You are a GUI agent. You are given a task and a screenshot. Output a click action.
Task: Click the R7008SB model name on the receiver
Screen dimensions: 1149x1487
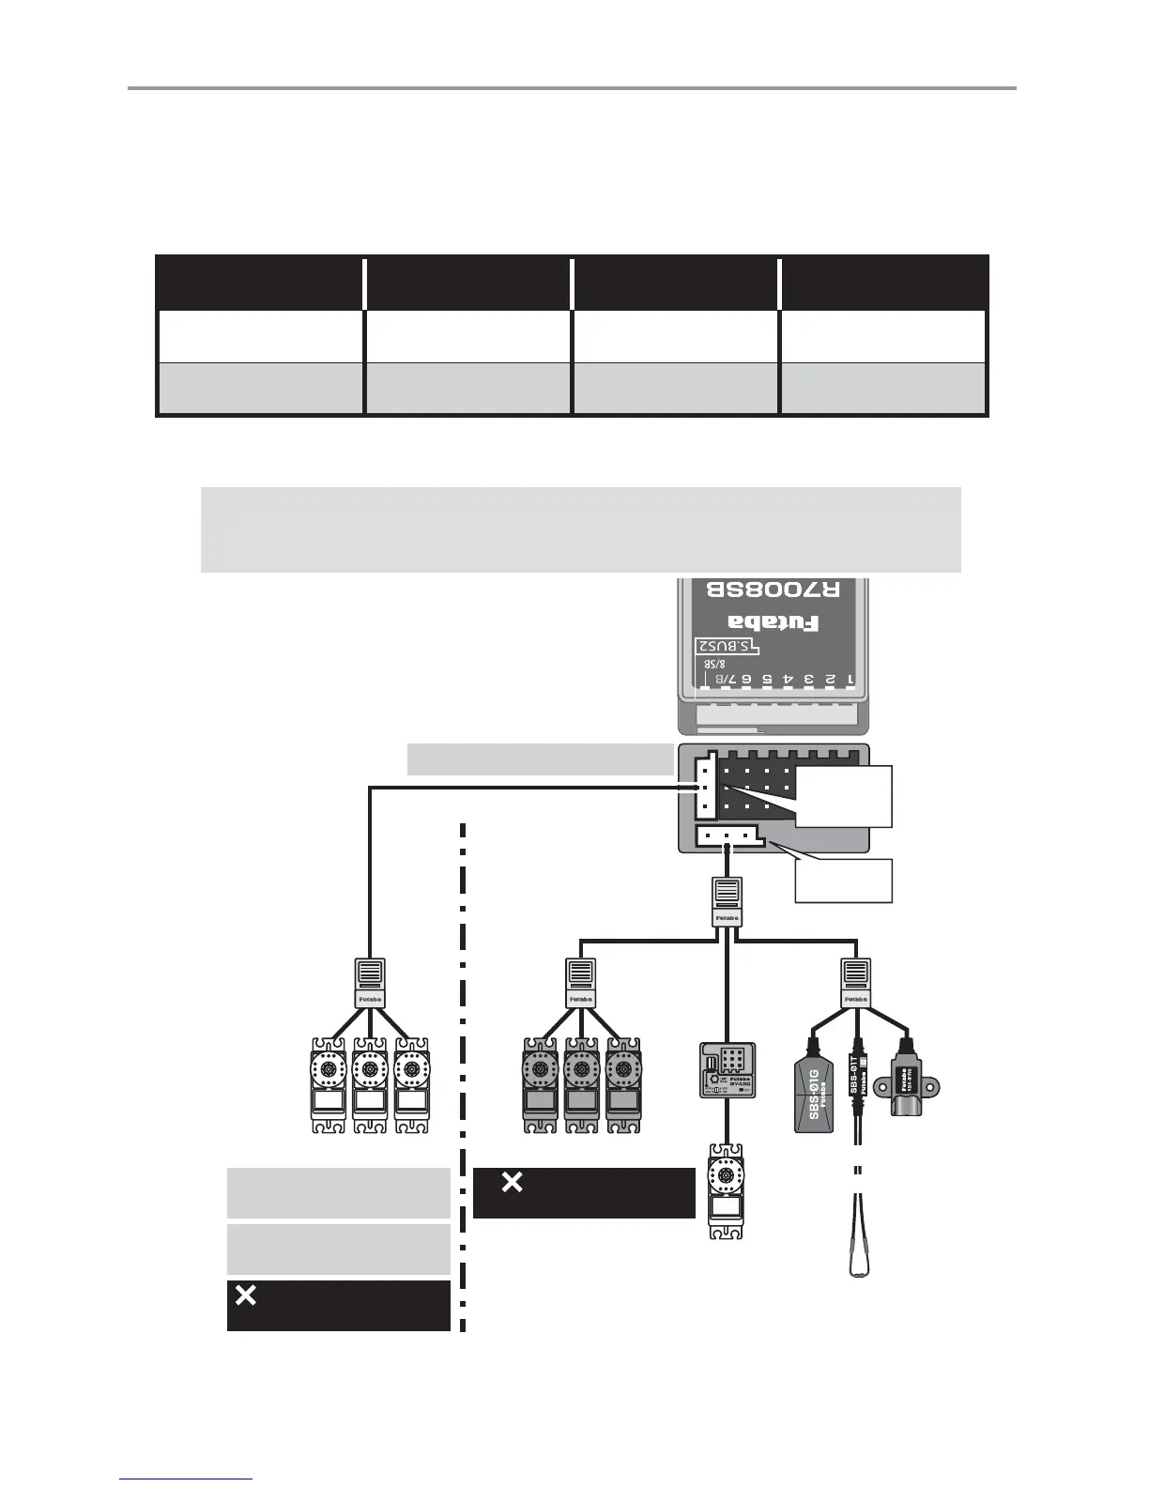coord(773,590)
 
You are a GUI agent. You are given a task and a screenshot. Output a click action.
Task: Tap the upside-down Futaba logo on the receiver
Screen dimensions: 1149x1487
coord(774,622)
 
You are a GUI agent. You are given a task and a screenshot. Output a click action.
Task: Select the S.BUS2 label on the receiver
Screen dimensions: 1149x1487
coord(727,647)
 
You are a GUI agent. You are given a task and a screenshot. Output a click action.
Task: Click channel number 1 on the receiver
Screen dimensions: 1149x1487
coord(850,678)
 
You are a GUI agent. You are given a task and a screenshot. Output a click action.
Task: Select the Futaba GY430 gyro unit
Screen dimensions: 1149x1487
coord(728,1070)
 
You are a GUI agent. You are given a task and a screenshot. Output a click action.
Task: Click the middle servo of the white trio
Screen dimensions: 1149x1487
coord(371,1084)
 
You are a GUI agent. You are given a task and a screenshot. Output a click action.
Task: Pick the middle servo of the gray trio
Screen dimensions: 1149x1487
coord(581,1084)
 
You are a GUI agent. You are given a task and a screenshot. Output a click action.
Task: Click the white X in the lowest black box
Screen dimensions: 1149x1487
coord(245,1295)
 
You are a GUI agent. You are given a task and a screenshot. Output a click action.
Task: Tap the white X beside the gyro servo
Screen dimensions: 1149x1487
coord(512,1183)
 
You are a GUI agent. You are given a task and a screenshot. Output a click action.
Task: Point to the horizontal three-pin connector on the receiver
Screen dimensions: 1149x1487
coord(728,835)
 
